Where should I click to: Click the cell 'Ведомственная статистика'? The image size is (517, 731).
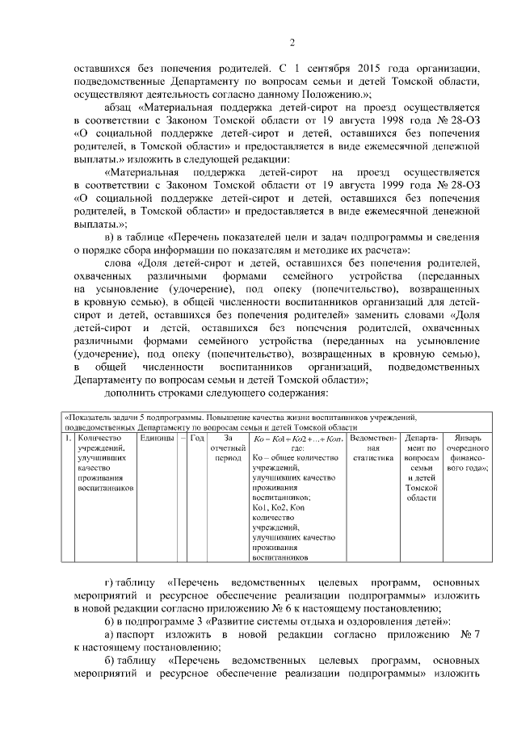[372, 447]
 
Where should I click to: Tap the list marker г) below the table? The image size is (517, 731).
[112, 583]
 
